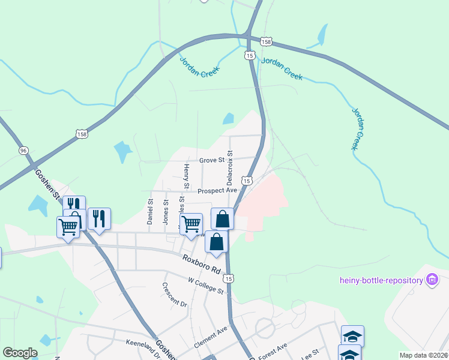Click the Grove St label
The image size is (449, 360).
(211, 160)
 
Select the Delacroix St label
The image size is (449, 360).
(229, 167)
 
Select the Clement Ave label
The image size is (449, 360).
(211, 337)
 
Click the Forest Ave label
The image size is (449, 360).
(273, 349)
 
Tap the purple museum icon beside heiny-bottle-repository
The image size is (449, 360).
(432, 279)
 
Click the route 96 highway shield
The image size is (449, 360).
(23, 150)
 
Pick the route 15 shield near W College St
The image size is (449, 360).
(228, 278)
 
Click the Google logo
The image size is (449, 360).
(20, 352)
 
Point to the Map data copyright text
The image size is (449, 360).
(424, 355)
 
